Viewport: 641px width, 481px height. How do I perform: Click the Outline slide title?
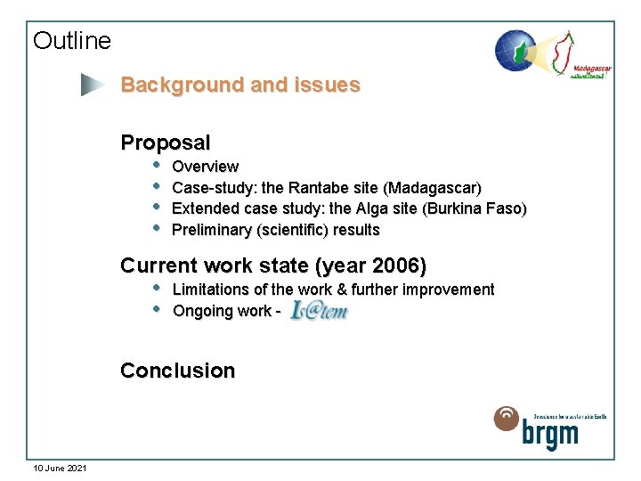(72, 41)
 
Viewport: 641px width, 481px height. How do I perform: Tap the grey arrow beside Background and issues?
(92, 86)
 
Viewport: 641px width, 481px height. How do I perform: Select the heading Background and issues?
(240, 86)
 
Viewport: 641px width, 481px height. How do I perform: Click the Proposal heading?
(166, 143)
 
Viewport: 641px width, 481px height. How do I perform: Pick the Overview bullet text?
(205, 167)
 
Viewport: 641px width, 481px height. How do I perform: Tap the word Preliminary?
(211, 231)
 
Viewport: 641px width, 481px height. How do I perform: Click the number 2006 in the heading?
(396, 265)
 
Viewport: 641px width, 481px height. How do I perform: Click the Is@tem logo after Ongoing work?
(318, 311)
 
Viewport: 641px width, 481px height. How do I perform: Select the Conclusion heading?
(178, 371)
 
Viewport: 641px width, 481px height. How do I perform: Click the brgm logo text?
(550, 436)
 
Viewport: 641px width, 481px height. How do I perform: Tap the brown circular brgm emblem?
(507, 419)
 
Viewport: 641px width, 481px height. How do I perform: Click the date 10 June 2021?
(60, 468)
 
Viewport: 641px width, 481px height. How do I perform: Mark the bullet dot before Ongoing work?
(156, 309)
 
